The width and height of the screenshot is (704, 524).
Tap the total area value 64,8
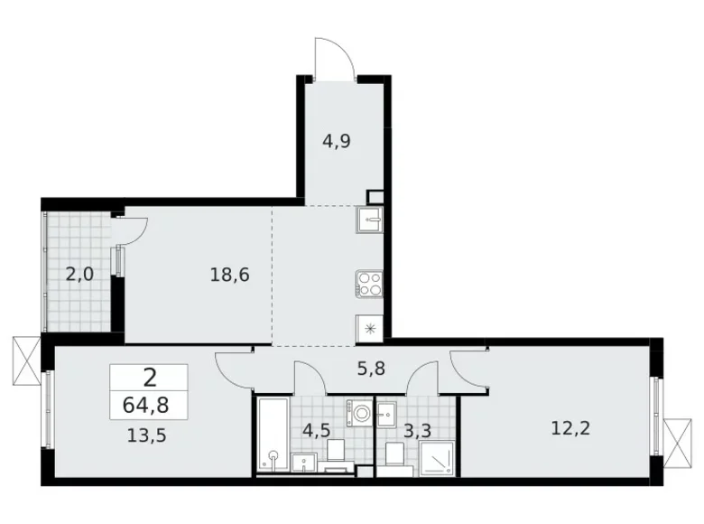click(150, 403)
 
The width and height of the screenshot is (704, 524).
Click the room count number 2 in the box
click(149, 378)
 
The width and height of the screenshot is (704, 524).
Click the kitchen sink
click(370, 219)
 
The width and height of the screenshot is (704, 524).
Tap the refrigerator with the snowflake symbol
click(370, 329)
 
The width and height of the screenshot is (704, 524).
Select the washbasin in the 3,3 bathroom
click(388, 415)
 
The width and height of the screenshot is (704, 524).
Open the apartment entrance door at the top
click(334, 59)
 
